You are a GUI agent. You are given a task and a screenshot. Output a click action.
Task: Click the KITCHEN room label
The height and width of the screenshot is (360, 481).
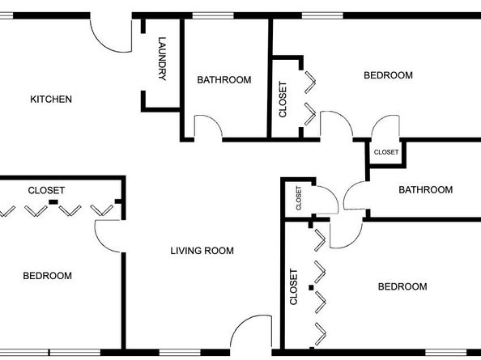pyautogui.click(x=51, y=100)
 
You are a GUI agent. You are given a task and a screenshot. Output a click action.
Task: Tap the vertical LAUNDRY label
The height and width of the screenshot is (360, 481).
pyautogui.click(x=163, y=60)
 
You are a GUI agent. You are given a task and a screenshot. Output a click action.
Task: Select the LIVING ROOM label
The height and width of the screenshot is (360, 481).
pyautogui.click(x=202, y=251)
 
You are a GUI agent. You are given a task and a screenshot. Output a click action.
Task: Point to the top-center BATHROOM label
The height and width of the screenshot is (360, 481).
pyautogui.click(x=224, y=80)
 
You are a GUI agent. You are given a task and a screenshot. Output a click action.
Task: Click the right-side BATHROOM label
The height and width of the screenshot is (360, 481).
pyautogui.click(x=425, y=190)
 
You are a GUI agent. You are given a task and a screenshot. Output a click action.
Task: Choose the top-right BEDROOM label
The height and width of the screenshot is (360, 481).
pyautogui.click(x=388, y=75)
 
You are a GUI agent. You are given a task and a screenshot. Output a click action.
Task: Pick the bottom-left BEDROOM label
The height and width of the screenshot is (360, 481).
pyautogui.click(x=47, y=276)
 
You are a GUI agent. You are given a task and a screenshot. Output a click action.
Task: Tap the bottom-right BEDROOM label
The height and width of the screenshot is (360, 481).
pyautogui.click(x=402, y=286)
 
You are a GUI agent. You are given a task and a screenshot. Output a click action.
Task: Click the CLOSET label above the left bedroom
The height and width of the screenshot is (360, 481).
pyautogui.click(x=46, y=190)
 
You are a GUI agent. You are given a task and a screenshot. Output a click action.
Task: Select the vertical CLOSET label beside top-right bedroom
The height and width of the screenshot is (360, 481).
pyautogui.click(x=283, y=100)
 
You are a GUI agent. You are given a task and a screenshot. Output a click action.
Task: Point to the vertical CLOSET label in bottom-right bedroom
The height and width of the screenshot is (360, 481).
pyautogui.click(x=294, y=287)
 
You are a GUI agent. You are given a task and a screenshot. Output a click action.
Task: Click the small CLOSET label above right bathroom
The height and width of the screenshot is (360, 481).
pyautogui.click(x=385, y=152)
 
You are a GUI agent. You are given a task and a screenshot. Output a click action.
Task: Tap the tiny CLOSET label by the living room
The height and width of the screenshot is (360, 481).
pyautogui.click(x=299, y=198)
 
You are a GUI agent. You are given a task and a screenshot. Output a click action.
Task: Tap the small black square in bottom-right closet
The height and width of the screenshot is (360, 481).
pyautogui.click(x=311, y=286)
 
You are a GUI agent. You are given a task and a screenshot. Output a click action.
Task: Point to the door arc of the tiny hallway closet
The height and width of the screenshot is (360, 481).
pyautogui.click(x=324, y=198)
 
